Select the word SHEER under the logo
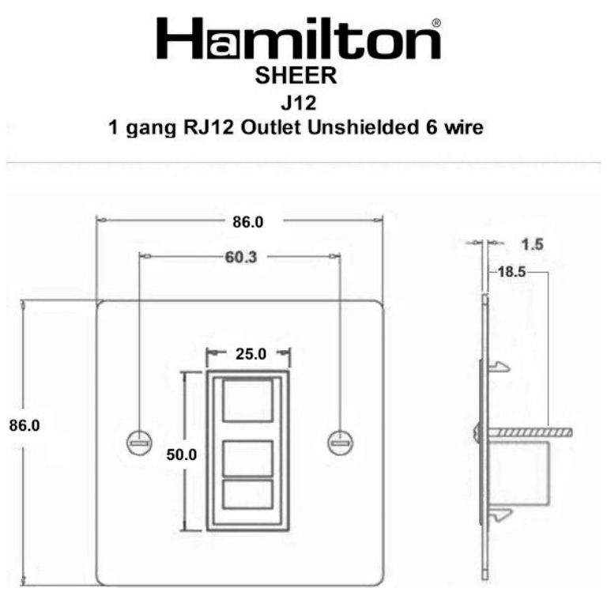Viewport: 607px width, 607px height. (297, 77)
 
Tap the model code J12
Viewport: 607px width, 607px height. (297, 102)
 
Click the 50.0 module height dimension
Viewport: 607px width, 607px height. (182, 454)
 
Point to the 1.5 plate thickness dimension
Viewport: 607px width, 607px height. (533, 245)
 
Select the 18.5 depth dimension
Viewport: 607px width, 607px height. (512, 272)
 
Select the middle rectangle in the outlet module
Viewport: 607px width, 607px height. (248, 458)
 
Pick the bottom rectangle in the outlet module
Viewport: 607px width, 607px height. (248, 495)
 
